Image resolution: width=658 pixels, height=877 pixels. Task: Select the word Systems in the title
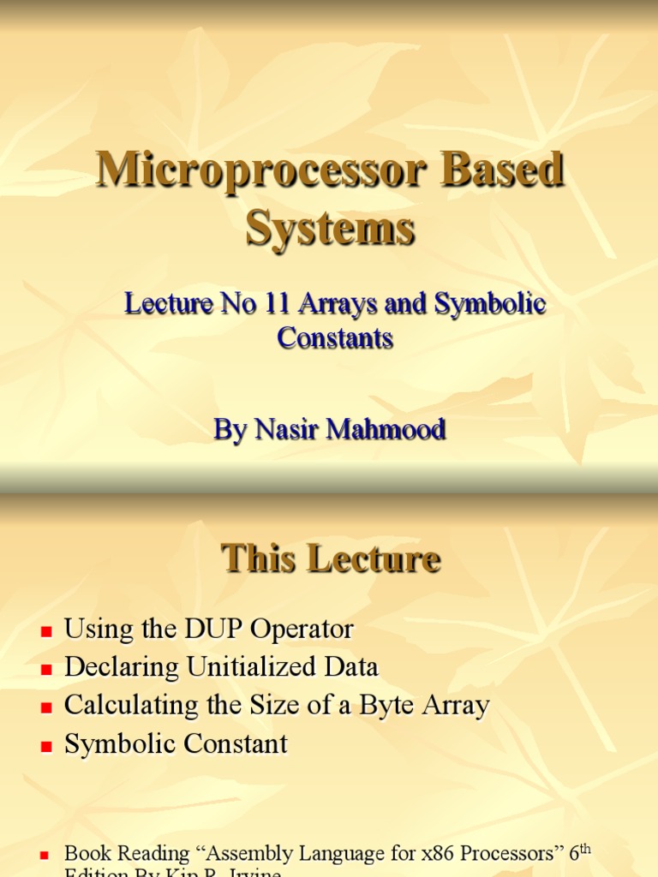[331, 229]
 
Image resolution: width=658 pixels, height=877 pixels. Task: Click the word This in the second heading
[258, 558]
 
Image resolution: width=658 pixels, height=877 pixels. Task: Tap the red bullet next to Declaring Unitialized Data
[47, 670]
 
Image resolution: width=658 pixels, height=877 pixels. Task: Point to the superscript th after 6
[586, 848]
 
